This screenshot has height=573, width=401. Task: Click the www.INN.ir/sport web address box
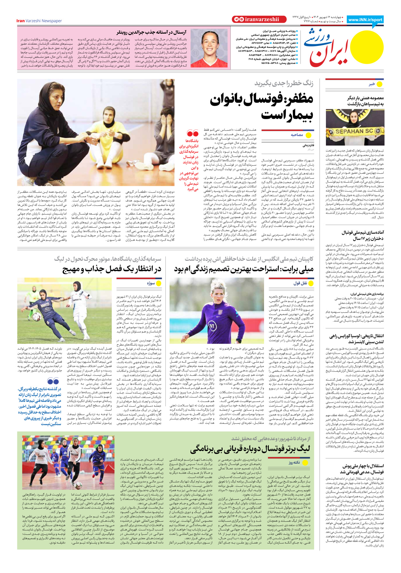365,20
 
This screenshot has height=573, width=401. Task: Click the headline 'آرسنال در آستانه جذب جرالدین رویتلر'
151,32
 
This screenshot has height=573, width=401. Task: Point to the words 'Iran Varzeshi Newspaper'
39,21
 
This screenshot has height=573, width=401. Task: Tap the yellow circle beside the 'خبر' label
380,84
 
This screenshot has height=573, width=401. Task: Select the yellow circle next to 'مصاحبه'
309,135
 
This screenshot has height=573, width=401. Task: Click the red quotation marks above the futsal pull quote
192,133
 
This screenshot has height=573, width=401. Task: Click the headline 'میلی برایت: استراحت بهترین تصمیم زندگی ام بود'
244,269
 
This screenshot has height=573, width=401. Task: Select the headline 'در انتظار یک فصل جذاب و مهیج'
112,269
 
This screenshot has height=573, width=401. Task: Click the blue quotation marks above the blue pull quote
53,381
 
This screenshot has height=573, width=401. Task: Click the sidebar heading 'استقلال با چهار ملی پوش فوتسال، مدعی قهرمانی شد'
363,469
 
